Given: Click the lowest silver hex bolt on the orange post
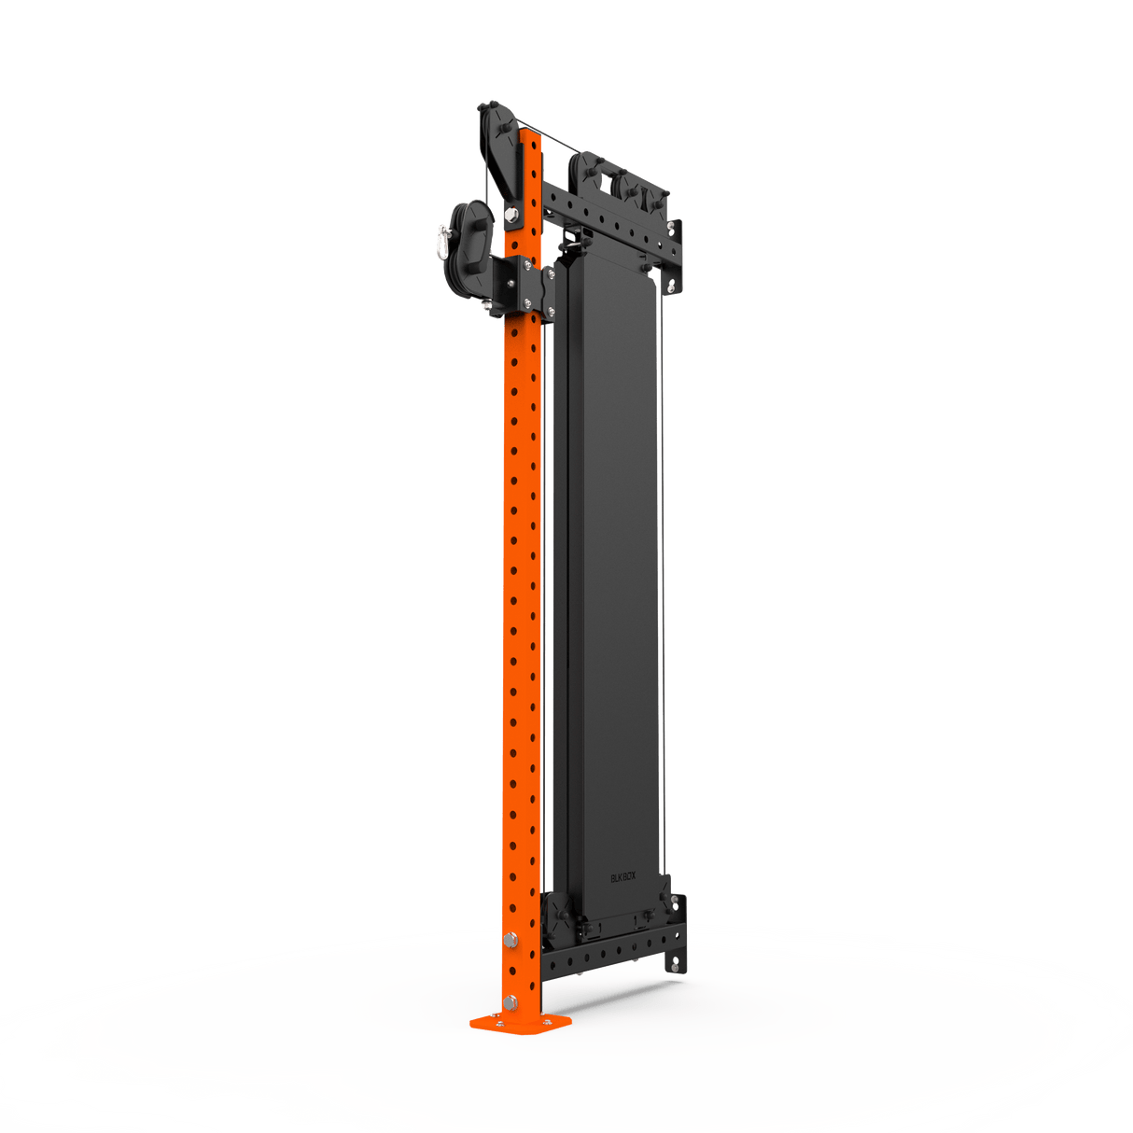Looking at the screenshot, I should [x=510, y=1003].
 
